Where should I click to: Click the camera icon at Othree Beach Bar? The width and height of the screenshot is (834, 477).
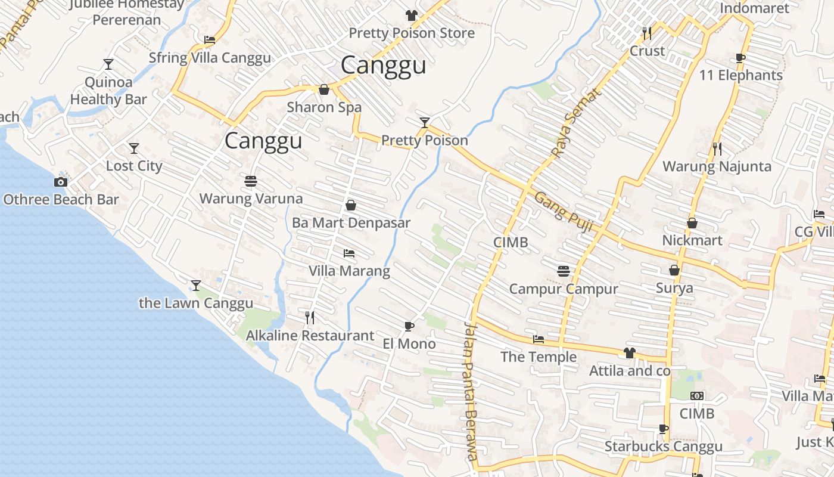pos(61,182)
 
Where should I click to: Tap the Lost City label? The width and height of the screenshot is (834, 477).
pos(134,166)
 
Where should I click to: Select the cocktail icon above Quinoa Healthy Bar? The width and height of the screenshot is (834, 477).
pos(108,64)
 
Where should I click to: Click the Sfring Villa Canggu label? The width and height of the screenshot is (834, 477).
pos(210,58)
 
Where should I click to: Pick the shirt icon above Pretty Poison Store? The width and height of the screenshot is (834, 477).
pos(411,16)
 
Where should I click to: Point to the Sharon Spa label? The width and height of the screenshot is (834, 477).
pos(324,107)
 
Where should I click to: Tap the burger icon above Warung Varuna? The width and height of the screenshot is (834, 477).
pos(251,181)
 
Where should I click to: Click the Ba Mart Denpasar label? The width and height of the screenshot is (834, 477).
pos(351,223)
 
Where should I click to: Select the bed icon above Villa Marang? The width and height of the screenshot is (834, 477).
pos(349,253)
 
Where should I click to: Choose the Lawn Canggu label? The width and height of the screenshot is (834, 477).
pos(196,303)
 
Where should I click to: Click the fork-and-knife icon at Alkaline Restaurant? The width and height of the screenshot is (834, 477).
pos(310,317)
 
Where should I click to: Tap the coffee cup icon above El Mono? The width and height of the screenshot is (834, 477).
pos(409,326)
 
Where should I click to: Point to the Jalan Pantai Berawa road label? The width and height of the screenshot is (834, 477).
pos(471,391)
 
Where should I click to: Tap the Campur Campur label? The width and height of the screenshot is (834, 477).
pos(564,289)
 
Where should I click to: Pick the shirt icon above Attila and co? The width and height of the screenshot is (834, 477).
pos(630,353)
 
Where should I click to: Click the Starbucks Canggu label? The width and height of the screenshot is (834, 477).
pos(663,447)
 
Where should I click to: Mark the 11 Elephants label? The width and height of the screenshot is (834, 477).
pos(740,75)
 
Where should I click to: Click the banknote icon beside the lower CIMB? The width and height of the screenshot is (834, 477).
pos(697,396)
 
